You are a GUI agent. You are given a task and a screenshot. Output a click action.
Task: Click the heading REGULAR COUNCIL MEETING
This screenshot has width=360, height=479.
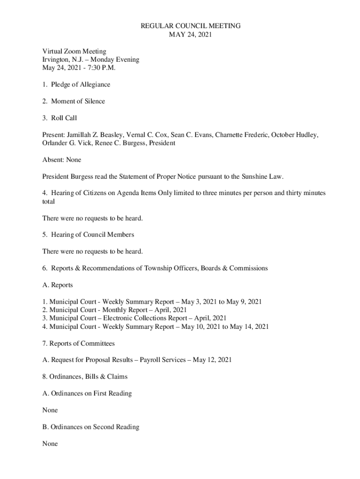191,26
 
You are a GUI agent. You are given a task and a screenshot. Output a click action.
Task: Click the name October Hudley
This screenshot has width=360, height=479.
295,135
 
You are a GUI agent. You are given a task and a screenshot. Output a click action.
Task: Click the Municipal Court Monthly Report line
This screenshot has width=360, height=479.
115,310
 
